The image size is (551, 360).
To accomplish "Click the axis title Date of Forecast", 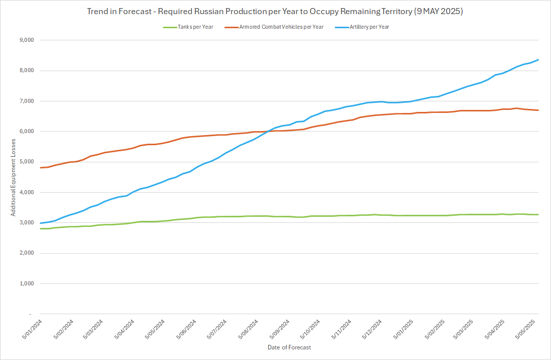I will tap(289, 347).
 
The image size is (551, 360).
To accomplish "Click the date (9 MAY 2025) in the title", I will tap(438, 11).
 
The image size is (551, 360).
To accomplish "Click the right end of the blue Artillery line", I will tap(538, 60).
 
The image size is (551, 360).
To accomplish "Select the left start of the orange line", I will tap(40, 167).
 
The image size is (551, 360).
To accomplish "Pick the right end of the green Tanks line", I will tap(538, 215).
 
